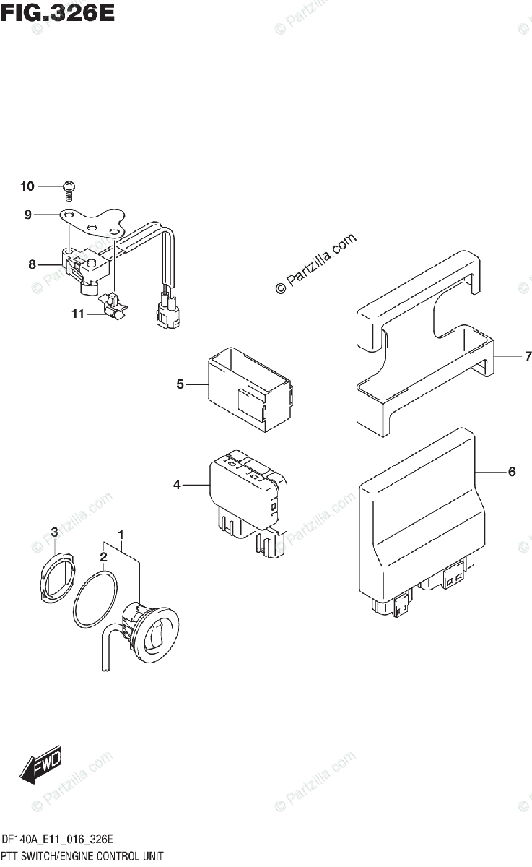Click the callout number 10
(27, 186)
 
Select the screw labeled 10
(69, 188)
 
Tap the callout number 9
(27, 215)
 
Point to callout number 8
(32, 264)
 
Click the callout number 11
(77, 314)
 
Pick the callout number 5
(180, 384)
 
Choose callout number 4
(177, 485)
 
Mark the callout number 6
(511, 472)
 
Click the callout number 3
(54, 532)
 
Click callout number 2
(103, 557)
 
